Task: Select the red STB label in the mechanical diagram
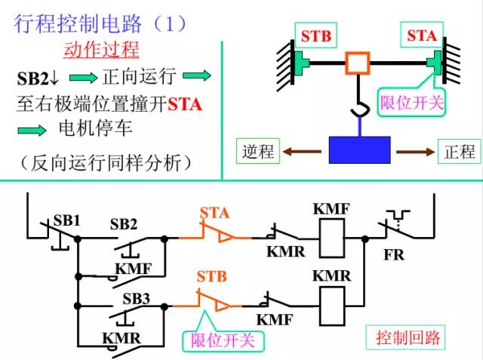tap(316, 36)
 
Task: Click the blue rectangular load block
tap(359, 149)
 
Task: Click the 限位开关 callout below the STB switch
tap(223, 341)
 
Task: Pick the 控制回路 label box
tap(408, 337)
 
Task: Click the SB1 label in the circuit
tap(66, 221)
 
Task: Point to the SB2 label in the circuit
tap(124, 224)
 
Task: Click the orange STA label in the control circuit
tap(214, 213)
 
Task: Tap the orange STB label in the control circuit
tap(211, 275)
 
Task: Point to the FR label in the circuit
tap(393, 255)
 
